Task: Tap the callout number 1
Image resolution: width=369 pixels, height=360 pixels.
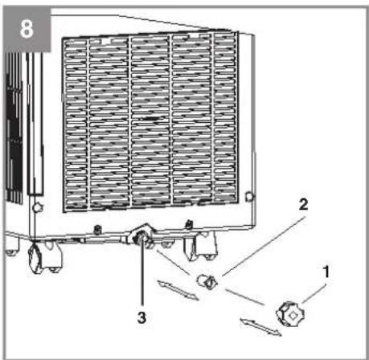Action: point(326,272)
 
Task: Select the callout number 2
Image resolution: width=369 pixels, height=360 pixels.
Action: point(303,205)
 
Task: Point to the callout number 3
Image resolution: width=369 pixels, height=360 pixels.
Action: point(141,317)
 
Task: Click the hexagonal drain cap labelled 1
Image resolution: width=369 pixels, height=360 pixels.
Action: point(290,314)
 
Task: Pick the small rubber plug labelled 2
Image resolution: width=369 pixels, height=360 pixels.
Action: point(207,282)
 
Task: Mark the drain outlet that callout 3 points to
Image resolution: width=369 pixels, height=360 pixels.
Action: point(141,238)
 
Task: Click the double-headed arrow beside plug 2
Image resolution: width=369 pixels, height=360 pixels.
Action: point(178,290)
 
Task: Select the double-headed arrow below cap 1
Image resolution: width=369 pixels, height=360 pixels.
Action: point(260,327)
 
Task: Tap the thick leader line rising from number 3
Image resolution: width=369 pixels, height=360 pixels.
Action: point(142,272)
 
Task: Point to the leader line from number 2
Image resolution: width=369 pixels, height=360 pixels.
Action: point(264,246)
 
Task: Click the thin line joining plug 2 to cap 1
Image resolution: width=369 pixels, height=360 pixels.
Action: point(245,297)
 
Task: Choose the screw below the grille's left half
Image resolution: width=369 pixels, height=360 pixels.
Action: point(97,229)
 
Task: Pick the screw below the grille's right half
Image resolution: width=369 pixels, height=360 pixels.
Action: point(189,224)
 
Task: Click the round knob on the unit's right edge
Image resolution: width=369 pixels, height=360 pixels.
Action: point(249,197)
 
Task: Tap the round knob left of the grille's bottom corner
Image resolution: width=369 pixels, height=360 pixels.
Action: point(37,207)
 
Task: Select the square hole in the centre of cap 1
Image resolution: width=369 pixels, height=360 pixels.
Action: point(293,316)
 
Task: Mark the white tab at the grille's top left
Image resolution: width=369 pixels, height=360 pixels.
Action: point(106,41)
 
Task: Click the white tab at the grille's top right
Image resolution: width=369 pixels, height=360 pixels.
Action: point(194,36)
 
